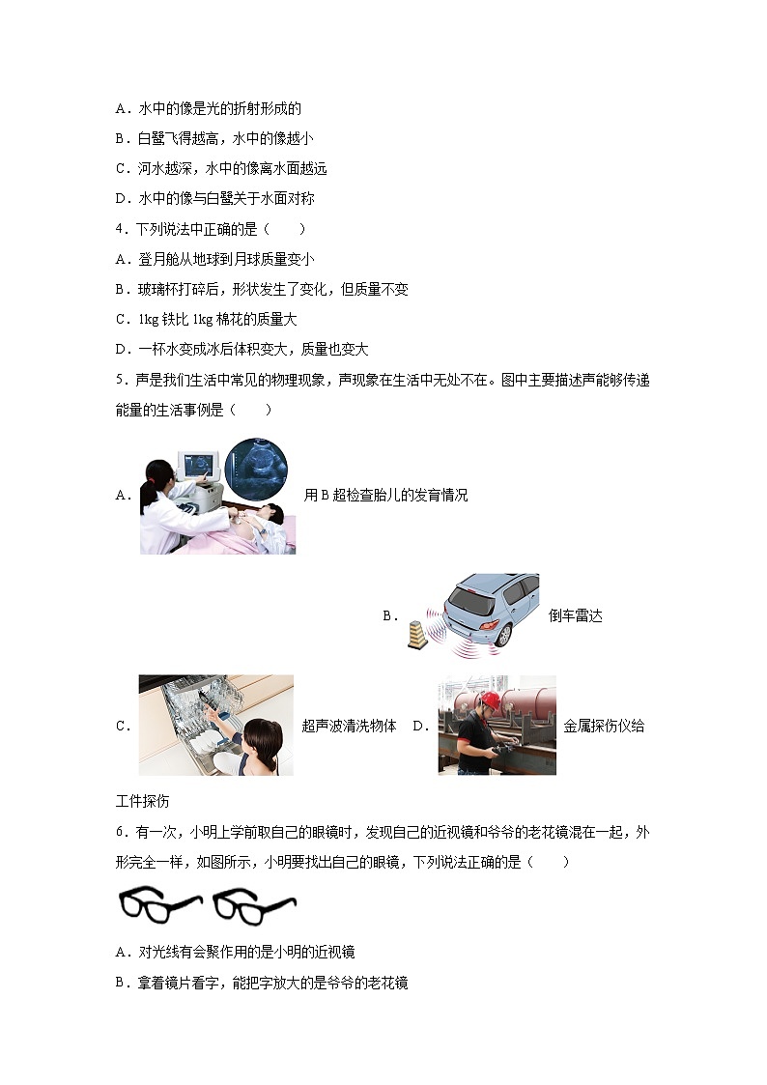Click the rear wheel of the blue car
pyautogui.click(x=502, y=633)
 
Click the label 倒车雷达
pyautogui.click(x=575, y=615)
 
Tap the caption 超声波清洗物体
pyautogui.click(x=349, y=727)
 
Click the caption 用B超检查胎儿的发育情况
pyautogui.click(x=385, y=496)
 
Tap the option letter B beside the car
pyautogui.click(x=389, y=615)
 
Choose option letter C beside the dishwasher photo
pyautogui.click(x=122, y=727)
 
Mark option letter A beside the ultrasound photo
pyautogui.click(x=122, y=496)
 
